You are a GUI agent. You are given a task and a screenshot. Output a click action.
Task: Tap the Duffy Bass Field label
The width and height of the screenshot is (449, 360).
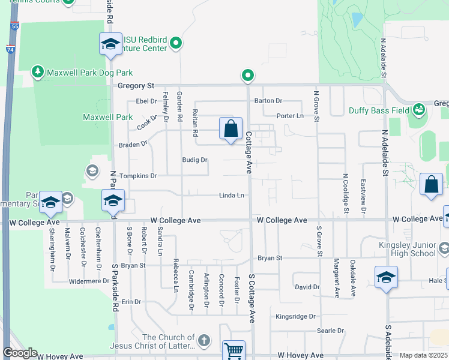tap(378, 111)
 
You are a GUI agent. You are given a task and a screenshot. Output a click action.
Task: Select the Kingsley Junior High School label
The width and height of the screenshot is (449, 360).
tap(407, 249)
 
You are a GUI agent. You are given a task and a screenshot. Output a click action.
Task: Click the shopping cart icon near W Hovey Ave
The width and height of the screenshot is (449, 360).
tap(234, 350)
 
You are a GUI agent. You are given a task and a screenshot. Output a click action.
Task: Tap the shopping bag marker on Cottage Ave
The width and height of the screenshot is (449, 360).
tap(231, 129)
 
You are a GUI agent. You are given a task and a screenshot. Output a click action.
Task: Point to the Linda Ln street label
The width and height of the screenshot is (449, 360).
tap(231, 196)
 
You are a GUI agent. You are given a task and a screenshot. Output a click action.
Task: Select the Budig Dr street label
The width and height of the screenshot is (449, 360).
tap(195, 160)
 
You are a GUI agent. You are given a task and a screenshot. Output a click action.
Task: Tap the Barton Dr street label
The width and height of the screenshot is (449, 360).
tap(268, 101)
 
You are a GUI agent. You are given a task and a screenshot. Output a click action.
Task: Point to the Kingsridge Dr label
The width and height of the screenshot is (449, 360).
tap(295, 316)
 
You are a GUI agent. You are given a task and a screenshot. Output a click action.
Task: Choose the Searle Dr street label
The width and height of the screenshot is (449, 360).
tap(331, 331)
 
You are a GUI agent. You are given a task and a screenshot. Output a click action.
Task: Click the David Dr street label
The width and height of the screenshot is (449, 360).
tap(307, 287)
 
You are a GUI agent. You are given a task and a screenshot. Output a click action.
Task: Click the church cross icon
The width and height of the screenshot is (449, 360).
tap(204, 341)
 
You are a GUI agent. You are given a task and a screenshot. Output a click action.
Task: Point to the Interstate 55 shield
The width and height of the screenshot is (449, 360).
tap(14, 28)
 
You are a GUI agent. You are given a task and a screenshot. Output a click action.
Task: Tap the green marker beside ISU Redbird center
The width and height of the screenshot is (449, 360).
tap(176, 43)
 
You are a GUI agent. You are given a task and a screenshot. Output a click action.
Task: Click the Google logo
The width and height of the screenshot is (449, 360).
tap(20, 353)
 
